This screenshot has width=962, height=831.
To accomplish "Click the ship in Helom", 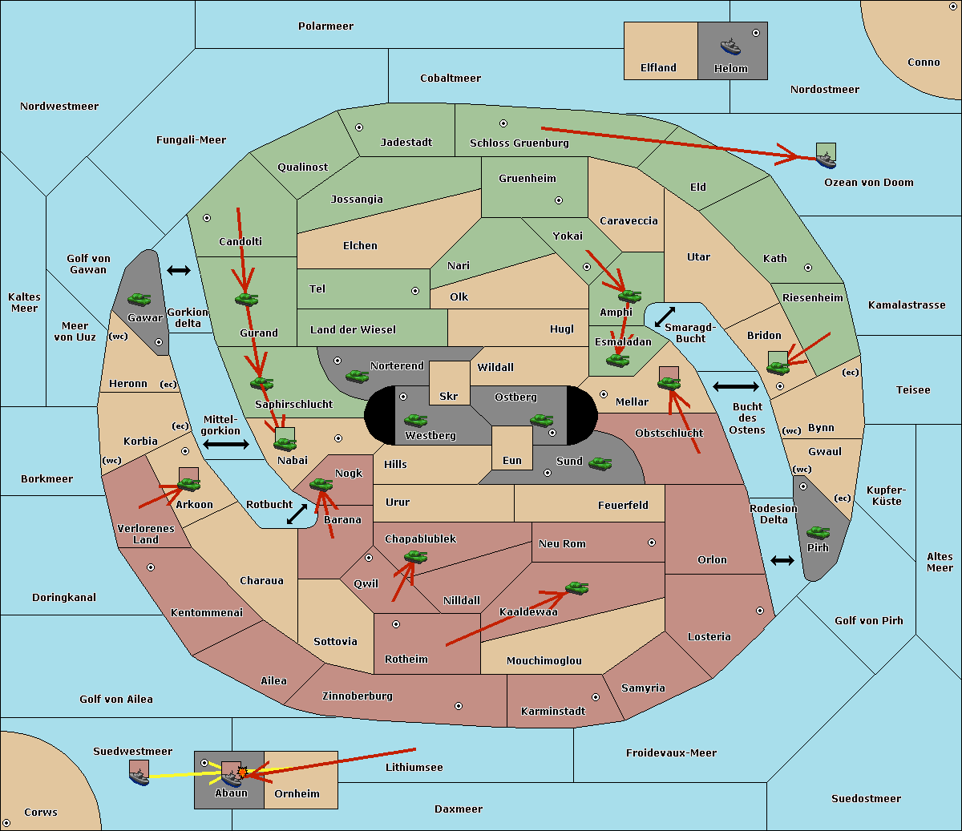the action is (x=730, y=46).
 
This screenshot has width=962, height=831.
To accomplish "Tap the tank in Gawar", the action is (x=139, y=299).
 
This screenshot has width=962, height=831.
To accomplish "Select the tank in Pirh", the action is (x=818, y=532).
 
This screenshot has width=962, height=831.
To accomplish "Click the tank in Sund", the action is (x=600, y=463).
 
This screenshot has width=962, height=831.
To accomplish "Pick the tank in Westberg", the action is (x=415, y=421).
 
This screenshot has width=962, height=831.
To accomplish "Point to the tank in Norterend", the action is (x=357, y=376).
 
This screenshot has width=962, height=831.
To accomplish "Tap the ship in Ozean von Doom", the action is (x=826, y=160).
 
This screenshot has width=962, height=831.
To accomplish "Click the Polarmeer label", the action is (x=325, y=26).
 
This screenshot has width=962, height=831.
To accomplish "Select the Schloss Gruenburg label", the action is (x=519, y=143).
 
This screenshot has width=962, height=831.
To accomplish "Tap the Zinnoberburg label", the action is (x=358, y=696).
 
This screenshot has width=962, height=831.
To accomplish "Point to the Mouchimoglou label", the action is (x=544, y=660).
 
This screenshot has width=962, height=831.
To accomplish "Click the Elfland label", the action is (x=658, y=68).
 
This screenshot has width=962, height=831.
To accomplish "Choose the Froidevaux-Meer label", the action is (x=671, y=752).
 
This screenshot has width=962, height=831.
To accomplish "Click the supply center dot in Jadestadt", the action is (x=359, y=127).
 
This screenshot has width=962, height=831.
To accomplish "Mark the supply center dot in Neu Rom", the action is (x=652, y=543).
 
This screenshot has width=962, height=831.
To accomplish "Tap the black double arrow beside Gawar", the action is (x=179, y=270).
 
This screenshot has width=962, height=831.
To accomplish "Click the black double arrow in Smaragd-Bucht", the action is (x=665, y=317).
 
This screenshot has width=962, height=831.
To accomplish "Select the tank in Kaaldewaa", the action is (x=576, y=588).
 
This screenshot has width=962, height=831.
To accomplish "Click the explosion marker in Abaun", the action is (x=242, y=773).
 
